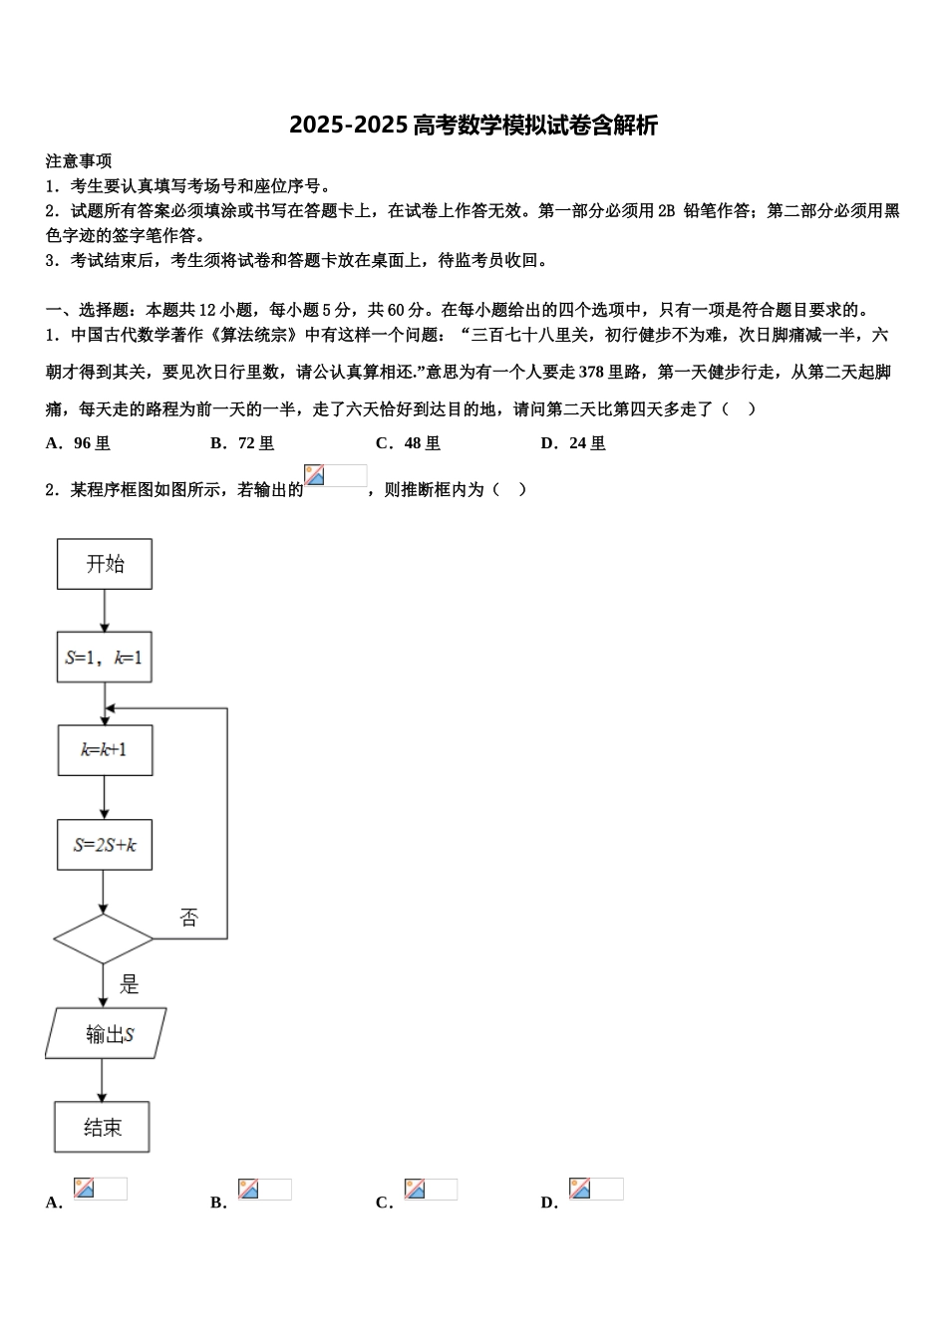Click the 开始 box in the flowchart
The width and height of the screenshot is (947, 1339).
pyautogui.click(x=105, y=564)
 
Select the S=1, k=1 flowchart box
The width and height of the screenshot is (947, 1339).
pyautogui.click(x=104, y=658)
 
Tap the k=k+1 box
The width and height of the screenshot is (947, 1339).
pyautogui.click(x=105, y=750)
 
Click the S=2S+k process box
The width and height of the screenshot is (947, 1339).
pyautogui.click(x=105, y=845)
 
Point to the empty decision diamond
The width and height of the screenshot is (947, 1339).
pyautogui.click(x=104, y=938)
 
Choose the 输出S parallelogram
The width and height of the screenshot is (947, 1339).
pyautogui.click(x=106, y=1033)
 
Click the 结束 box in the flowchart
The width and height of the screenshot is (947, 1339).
pyautogui.click(x=102, y=1127)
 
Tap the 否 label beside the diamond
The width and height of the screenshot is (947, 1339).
pyautogui.click(x=189, y=918)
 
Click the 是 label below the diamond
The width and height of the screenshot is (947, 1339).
pyautogui.click(x=130, y=985)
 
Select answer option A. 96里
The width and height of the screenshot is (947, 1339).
pyautogui.click(x=79, y=443)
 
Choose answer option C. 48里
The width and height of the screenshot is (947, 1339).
pyautogui.click(x=408, y=443)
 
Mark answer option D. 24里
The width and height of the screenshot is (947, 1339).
pyautogui.click(x=573, y=443)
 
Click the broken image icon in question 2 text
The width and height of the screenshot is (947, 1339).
pyautogui.click(x=335, y=476)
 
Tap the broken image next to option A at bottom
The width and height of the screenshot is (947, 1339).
pyautogui.click(x=100, y=1189)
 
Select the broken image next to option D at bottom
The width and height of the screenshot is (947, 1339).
pyautogui.click(x=595, y=1189)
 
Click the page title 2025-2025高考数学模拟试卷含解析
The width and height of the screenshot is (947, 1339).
pyautogui.click(x=473, y=126)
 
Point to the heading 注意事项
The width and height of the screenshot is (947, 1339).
pyautogui.click(x=79, y=161)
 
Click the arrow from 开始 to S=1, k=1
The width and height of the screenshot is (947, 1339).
pyautogui.click(x=104, y=610)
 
